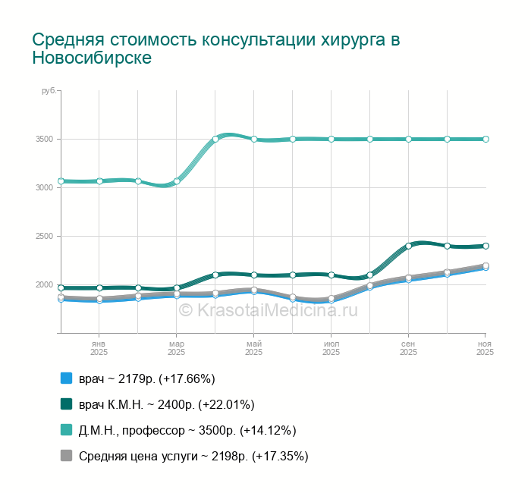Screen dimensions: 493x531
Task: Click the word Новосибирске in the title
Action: [x=92, y=58]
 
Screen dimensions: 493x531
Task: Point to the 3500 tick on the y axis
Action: [x=45, y=139]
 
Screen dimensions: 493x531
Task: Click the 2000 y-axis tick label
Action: [x=45, y=285]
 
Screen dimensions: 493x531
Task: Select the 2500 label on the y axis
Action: [x=45, y=237]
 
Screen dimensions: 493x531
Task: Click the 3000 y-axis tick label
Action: [x=45, y=187]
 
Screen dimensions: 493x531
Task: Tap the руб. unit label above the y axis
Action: [x=49, y=91]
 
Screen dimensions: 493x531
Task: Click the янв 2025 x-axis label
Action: [x=99, y=348]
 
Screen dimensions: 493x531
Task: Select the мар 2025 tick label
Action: [x=176, y=348]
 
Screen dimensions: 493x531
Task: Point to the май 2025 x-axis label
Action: [x=253, y=348]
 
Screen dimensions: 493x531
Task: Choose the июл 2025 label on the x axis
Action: [x=331, y=348]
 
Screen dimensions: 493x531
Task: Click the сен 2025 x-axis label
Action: [x=408, y=348]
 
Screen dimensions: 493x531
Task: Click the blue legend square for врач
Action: [x=66, y=378]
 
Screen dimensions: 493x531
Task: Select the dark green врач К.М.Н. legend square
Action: [x=66, y=404]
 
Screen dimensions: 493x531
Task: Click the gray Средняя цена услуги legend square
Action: [x=66, y=456]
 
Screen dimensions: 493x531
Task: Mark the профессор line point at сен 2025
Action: [x=408, y=139]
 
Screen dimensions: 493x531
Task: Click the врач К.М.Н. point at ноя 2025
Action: [x=485, y=246]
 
